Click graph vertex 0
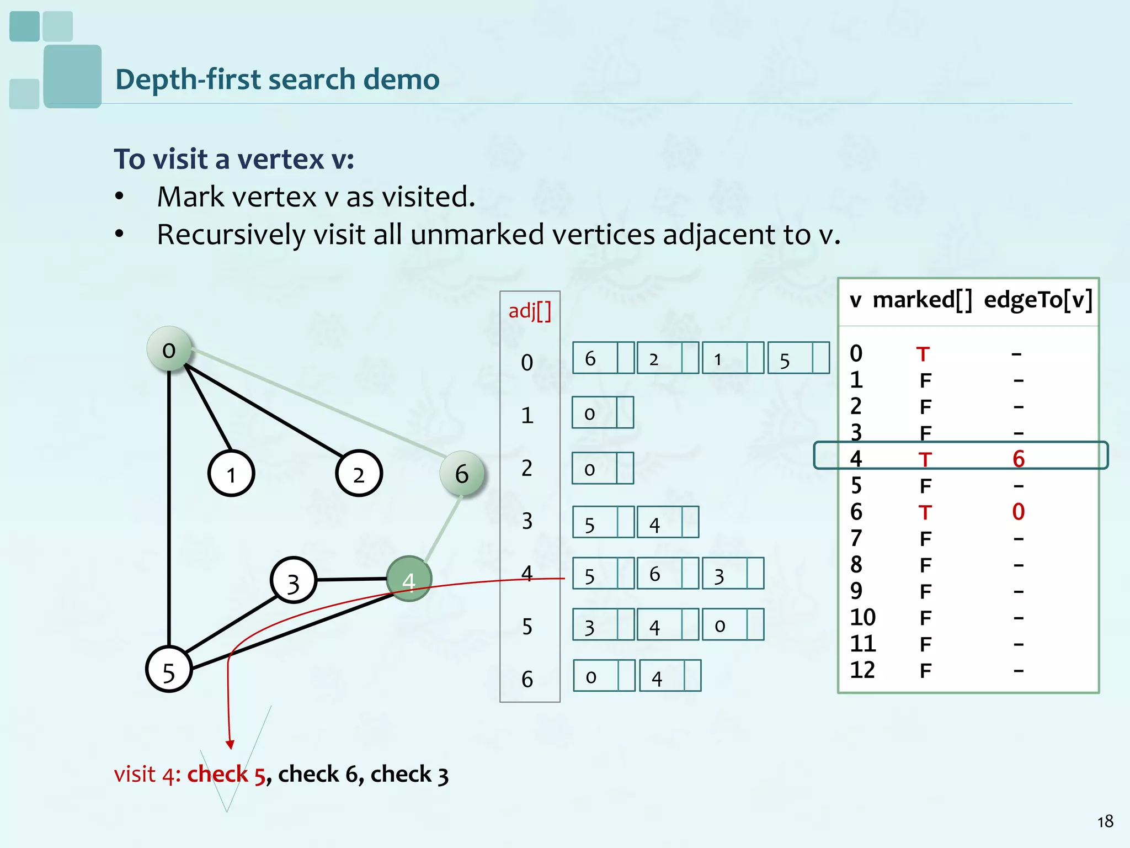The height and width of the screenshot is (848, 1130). (x=169, y=349)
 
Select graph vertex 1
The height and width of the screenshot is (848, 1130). (x=231, y=474)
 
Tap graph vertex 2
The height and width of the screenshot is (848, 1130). (x=359, y=474)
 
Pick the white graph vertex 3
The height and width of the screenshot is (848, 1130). (x=294, y=581)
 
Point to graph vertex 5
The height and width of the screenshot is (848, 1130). (x=169, y=669)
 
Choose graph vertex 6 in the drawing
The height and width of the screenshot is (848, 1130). (x=462, y=473)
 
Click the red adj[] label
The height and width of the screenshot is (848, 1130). (x=530, y=311)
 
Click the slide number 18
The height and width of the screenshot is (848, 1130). (x=1105, y=822)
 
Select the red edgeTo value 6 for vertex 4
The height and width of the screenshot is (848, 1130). (x=1019, y=459)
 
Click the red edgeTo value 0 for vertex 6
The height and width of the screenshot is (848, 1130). (x=1019, y=512)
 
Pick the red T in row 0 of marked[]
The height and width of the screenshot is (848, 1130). (x=923, y=354)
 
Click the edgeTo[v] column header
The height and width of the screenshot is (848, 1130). (x=1038, y=300)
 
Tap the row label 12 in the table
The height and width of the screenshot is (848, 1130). (x=862, y=670)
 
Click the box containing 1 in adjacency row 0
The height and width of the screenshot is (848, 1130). (x=724, y=358)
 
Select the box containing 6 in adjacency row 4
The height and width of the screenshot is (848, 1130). (x=660, y=574)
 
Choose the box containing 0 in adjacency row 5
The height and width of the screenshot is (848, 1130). (x=724, y=625)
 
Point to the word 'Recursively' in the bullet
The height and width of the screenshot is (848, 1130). (x=231, y=235)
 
